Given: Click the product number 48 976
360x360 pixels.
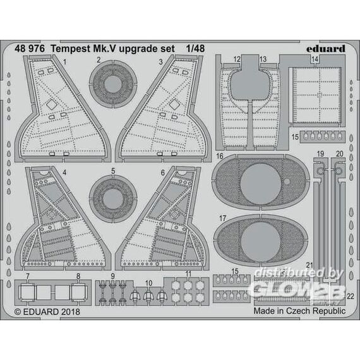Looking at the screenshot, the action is pyautogui.click(x=30, y=49).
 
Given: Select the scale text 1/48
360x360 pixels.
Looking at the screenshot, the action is pyautogui.click(x=195, y=49).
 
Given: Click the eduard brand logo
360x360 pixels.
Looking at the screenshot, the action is pyautogui.click(x=325, y=49).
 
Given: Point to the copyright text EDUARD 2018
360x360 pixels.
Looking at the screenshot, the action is pyautogui.click(x=47, y=311).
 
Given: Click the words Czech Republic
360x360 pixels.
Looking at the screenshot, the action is pyautogui.click(x=316, y=311).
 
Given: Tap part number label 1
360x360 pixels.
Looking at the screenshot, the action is pyautogui.click(x=65, y=62).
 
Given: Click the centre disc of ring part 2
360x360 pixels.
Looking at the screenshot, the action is pyautogui.click(x=112, y=84).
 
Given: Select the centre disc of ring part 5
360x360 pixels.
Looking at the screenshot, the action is pyautogui.click(x=112, y=200).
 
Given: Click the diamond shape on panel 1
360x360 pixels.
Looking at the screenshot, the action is pyautogui.click(x=52, y=105).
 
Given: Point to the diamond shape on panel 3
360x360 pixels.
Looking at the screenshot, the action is pyautogui.click(x=174, y=104).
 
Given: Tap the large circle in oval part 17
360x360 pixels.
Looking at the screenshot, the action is pyautogui.click(x=261, y=242).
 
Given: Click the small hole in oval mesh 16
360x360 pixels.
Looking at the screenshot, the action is pyautogui.click(x=287, y=182).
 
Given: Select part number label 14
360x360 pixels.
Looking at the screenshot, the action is pyautogui.click(x=315, y=59).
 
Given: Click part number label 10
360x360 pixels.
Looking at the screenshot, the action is pyautogui.click(x=149, y=283).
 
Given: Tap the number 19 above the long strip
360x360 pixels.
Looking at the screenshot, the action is pyautogui.click(x=320, y=154).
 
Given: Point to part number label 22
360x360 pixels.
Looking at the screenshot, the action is pyautogui.click(x=351, y=296).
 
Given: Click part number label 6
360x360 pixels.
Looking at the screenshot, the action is pyautogui.click(x=163, y=172).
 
